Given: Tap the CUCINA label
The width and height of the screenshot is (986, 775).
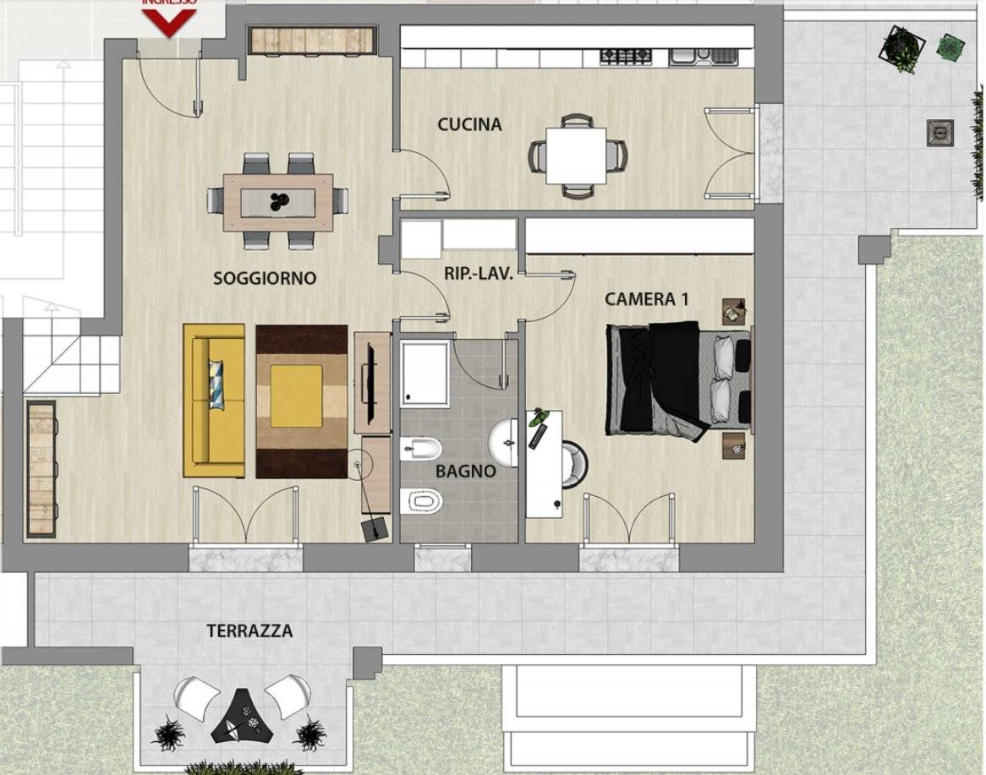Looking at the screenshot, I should [x=469, y=125].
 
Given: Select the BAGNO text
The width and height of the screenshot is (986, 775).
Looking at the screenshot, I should [x=465, y=472].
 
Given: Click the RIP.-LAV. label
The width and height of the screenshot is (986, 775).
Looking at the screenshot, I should [x=479, y=274].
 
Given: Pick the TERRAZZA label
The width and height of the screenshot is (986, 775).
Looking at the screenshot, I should [x=249, y=631].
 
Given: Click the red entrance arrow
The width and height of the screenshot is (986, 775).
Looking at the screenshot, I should [x=169, y=20].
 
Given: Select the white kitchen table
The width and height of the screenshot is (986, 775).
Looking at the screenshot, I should [x=576, y=155].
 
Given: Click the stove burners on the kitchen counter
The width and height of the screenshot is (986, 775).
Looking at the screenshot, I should [x=627, y=57].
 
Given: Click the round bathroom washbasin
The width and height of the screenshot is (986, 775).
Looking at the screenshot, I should [x=509, y=442].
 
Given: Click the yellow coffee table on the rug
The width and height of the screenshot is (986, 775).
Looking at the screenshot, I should [x=297, y=396].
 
